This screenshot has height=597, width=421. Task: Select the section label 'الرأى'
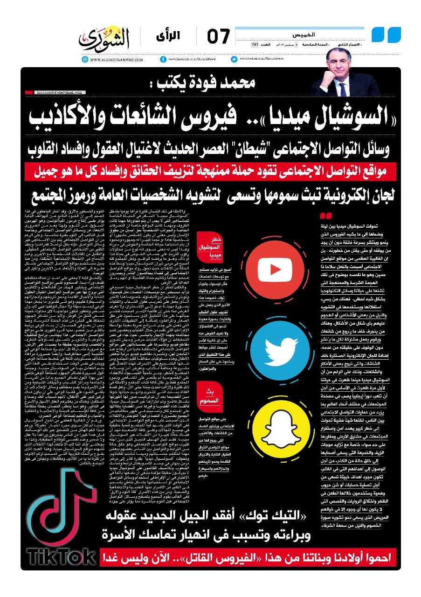tap(186, 35)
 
